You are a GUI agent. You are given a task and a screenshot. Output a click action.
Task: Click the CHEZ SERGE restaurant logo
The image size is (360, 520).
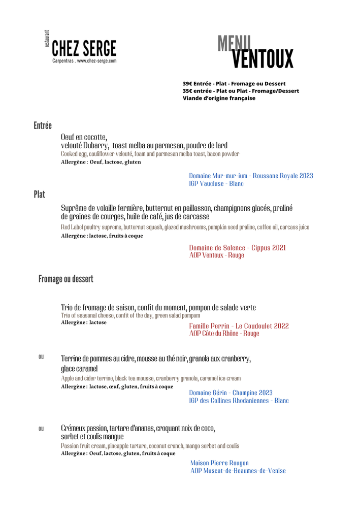84,49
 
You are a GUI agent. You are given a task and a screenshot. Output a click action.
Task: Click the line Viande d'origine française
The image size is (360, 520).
219,98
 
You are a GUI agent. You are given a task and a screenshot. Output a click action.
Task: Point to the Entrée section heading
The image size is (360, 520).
43,125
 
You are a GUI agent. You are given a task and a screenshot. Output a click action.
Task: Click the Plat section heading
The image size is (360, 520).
40,194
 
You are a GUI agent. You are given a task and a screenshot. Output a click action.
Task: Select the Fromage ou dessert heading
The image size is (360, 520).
66,279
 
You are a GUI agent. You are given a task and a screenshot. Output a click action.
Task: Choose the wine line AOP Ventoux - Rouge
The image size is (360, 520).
216,255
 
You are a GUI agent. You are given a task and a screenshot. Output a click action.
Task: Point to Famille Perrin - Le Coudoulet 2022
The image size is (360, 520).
239,326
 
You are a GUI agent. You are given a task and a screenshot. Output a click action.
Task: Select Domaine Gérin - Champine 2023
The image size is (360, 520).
231,393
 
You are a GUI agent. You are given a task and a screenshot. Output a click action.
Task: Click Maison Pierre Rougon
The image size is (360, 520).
219,463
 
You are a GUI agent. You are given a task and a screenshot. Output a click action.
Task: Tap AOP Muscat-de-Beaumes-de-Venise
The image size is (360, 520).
238,471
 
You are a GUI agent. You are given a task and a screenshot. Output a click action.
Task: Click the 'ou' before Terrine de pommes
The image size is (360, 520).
41,357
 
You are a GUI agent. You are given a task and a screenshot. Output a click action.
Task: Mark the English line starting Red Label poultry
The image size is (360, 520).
185,227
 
